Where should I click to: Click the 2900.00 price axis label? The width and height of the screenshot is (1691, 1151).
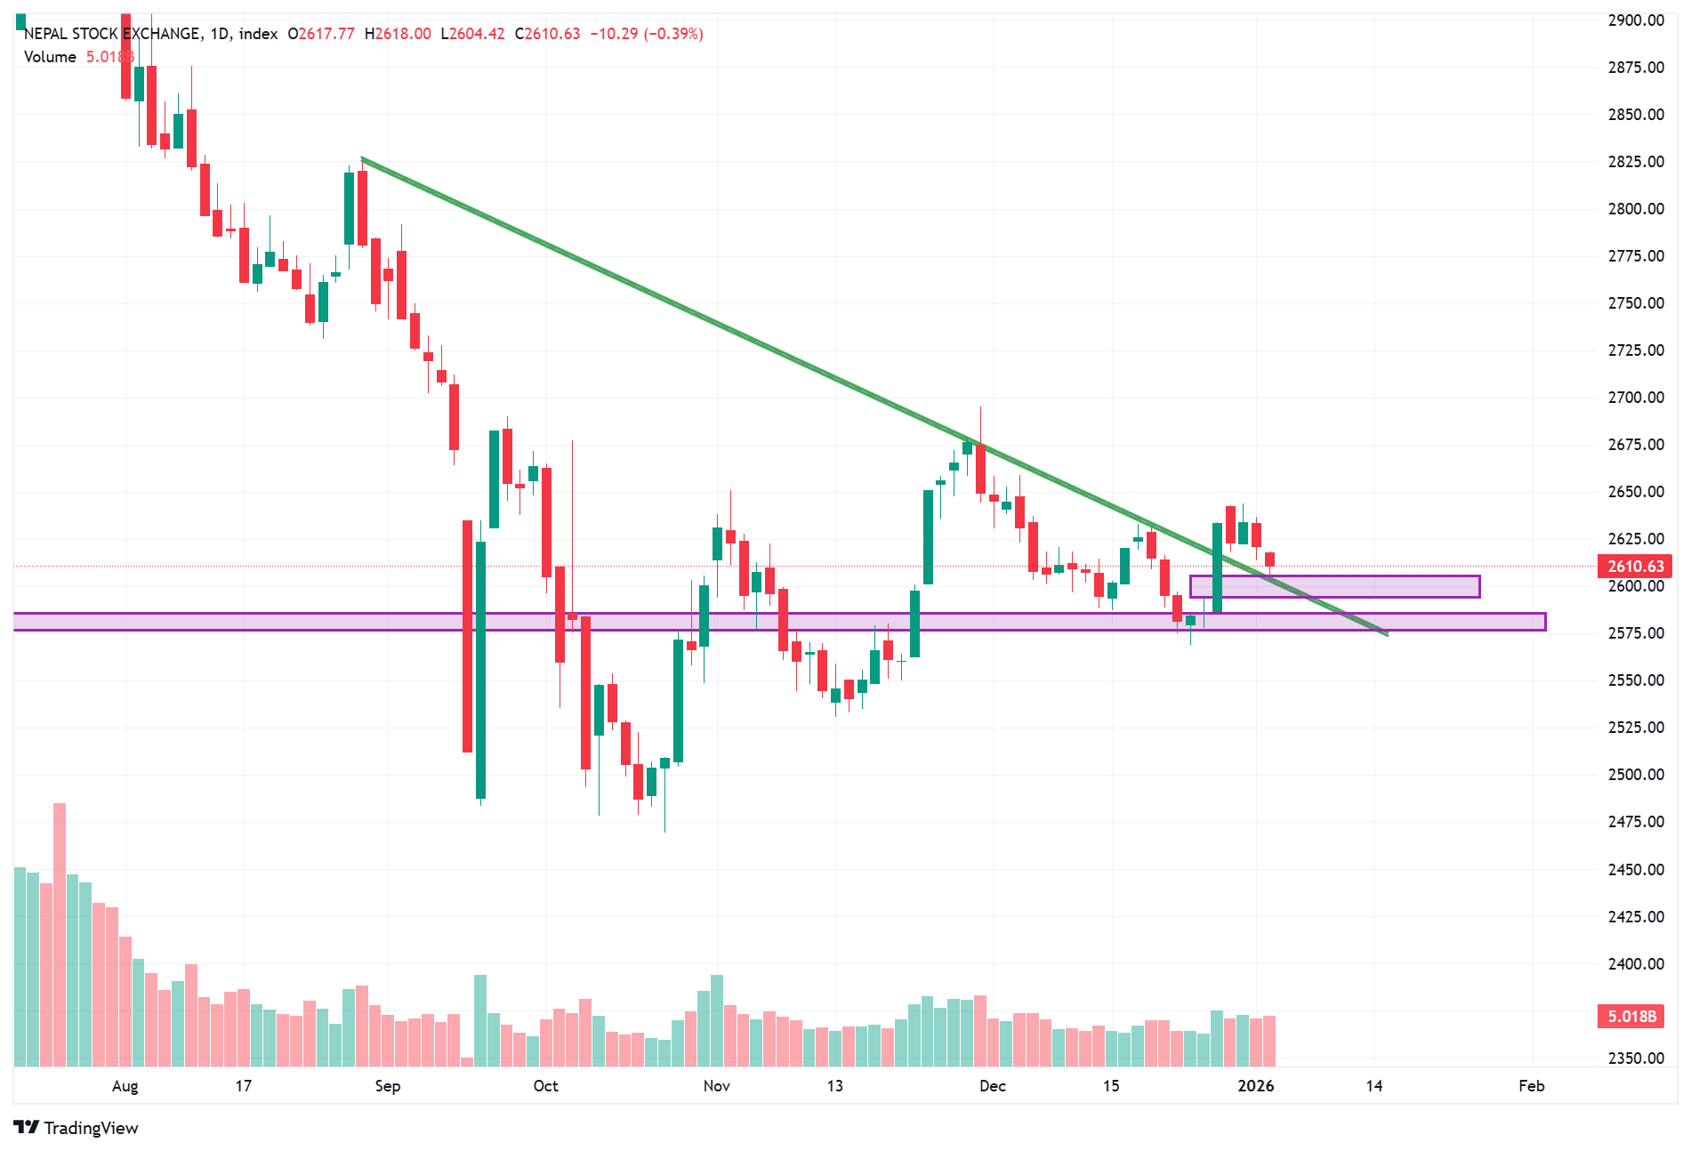click(x=1635, y=20)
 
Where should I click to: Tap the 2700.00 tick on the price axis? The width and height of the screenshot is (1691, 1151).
click(x=1635, y=398)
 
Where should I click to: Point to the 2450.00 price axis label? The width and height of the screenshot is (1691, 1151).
click(x=1635, y=870)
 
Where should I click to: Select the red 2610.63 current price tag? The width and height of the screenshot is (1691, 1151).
click(x=1635, y=567)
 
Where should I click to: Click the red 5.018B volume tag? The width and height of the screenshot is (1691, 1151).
click(x=1631, y=1017)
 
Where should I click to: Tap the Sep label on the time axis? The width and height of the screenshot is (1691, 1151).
click(x=388, y=1086)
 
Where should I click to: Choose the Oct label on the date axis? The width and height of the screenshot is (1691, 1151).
click(x=545, y=1086)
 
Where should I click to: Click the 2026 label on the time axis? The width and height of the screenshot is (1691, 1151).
click(x=1255, y=1086)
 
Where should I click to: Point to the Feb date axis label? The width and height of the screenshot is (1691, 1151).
click(x=1531, y=1086)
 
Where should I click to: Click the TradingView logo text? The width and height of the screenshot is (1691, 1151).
click(x=91, y=1128)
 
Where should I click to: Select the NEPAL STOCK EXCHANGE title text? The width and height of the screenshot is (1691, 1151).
click(x=112, y=34)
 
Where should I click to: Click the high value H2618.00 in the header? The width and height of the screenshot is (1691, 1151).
click(x=398, y=34)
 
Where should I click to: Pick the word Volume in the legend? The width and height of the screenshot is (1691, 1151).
click(x=50, y=57)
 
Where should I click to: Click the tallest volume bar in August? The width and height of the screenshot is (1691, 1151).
click(x=60, y=934)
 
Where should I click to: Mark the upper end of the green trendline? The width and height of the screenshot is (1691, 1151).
click(x=362, y=159)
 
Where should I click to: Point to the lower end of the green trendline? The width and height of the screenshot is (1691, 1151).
click(x=1387, y=634)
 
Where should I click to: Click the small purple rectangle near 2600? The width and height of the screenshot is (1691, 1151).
click(x=1334, y=586)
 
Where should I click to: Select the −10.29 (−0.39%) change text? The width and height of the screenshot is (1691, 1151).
click(x=647, y=34)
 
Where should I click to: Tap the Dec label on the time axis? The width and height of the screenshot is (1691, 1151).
click(x=992, y=1086)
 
